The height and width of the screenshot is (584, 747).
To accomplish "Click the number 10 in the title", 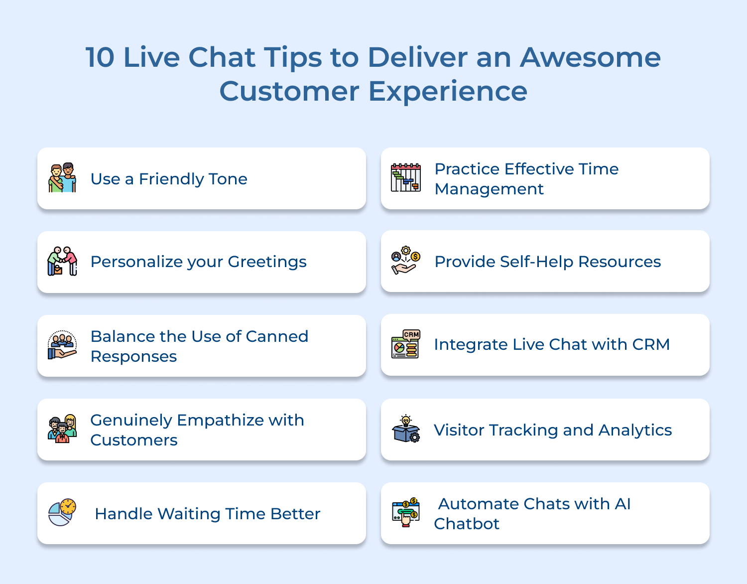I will pos(100,57).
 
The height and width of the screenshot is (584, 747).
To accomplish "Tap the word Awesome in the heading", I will pos(590,57).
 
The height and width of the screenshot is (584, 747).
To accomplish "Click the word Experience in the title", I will pos(448,92).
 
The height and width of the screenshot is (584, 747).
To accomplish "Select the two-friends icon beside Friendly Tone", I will pos(62,178).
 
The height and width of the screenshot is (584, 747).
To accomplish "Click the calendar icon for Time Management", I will pos(406,178).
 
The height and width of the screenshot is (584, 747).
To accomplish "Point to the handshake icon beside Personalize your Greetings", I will pos(62,261).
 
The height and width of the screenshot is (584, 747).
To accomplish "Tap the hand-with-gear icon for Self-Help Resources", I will pos(406,260).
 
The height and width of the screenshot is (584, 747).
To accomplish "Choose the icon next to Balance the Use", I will pos(62,345).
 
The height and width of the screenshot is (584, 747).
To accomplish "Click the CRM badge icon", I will pos(406,344).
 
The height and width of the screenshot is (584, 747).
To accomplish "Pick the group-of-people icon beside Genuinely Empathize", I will pos(62,429).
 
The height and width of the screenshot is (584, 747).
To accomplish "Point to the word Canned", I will pos(277,336).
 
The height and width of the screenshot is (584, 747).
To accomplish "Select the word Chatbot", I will pos(467,524).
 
